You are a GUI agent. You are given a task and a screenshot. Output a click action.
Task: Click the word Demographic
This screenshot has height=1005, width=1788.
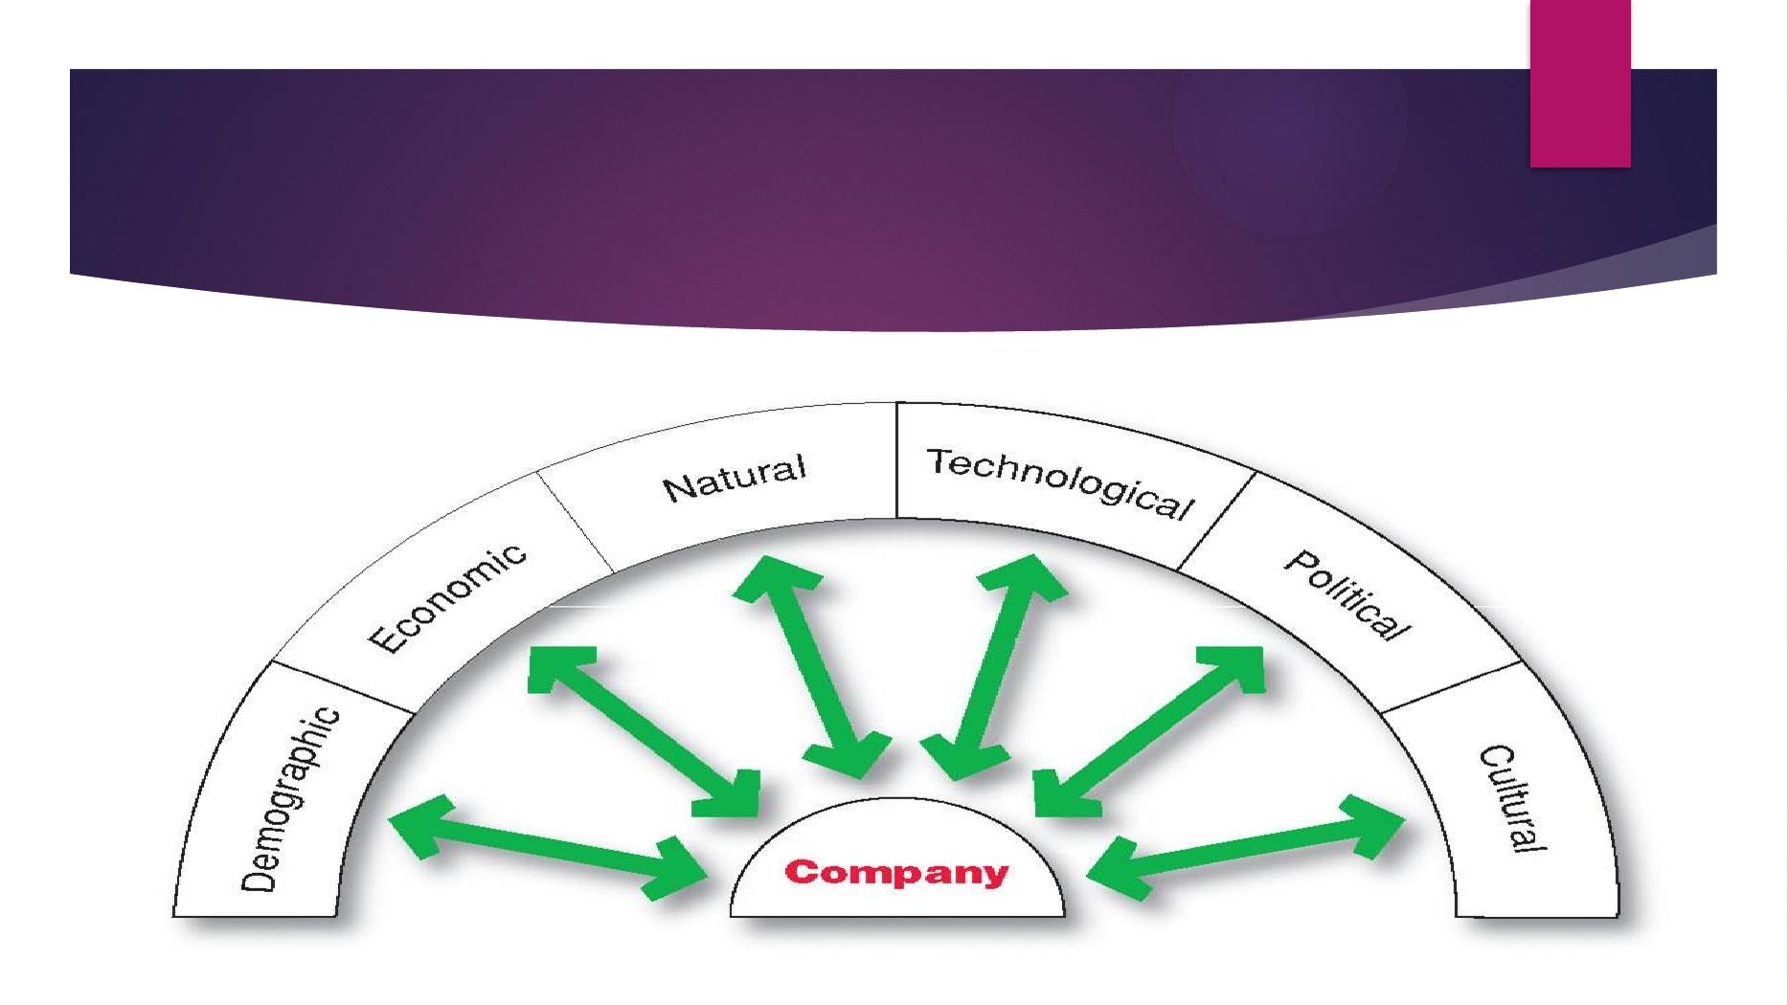tap(290, 799)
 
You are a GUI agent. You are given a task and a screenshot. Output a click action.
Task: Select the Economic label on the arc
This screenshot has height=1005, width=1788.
tap(448, 597)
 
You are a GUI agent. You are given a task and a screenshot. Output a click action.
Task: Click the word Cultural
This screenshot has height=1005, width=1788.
tap(1514, 799)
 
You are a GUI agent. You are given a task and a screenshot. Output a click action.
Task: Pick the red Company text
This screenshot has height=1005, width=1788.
tap(896, 873)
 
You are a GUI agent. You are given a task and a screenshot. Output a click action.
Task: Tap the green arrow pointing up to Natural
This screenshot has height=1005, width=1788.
tap(810, 666)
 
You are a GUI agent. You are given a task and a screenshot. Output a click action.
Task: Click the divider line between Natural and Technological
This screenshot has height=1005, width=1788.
tap(896, 460)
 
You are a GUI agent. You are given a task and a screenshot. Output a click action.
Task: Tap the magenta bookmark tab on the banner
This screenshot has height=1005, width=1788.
tap(1579, 83)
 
